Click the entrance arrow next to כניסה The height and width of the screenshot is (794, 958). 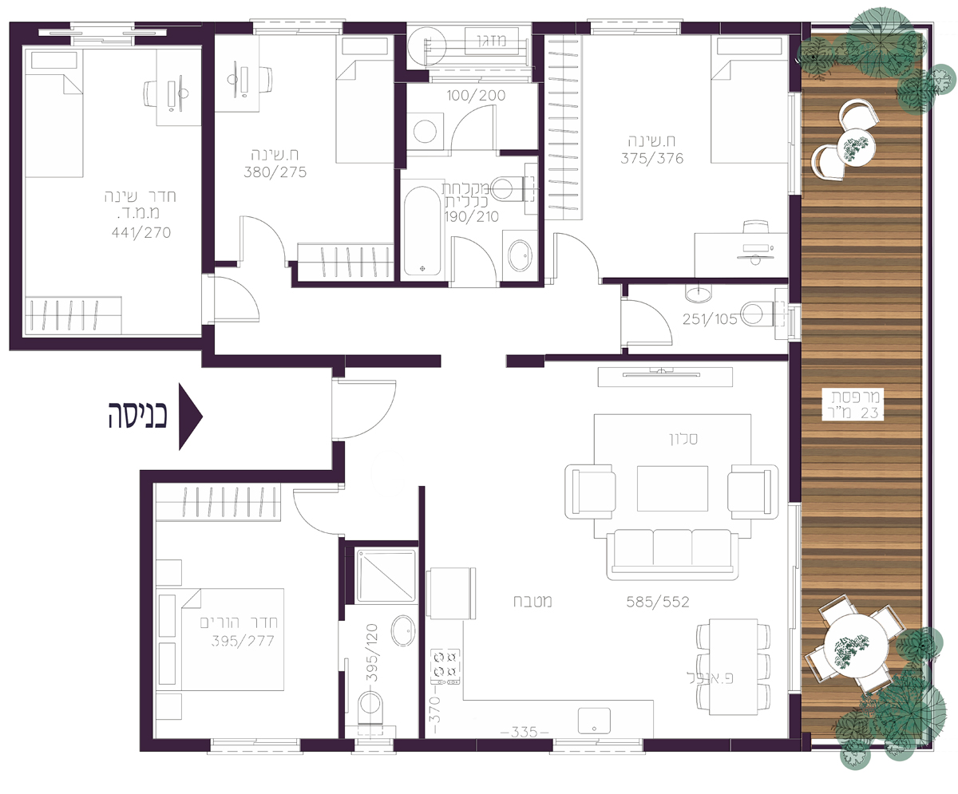pyautogui.click(x=189, y=417)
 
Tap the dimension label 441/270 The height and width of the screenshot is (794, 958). pyautogui.click(x=141, y=232)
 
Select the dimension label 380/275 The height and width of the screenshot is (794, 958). pyautogui.click(x=275, y=172)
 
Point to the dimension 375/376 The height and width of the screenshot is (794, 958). pyautogui.click(x=652, y=158)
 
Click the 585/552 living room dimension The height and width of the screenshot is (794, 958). pyautogui.click(x=658, y=602)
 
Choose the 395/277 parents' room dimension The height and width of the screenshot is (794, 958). pyautogui.click(x=243, y=641)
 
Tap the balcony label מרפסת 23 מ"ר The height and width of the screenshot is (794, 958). pyautogui.click(x=855, y=405)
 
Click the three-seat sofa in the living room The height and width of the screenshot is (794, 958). pyautogui.click(x=673, y=555)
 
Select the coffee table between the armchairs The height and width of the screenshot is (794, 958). pyautogui.click(x=672, y=488)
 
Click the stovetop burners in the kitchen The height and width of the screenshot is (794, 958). pyautogui.click(x=445, y=666)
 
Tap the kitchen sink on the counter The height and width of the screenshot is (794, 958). pyautogui.click(x=594, y=720)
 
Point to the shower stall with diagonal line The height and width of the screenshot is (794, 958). pyautogui.click(x=386, y=576)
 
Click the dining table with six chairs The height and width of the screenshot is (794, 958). pyautogui.click(x=733, y=666)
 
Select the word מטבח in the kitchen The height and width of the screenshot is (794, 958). pyautogui.click(x=532, y=602)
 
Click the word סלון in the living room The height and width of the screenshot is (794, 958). pyautogui.click(x=683, y=439)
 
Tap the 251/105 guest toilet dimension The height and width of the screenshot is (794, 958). pyautogui.click(x=710, y=318)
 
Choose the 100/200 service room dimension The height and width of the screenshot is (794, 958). pyautogui.click(x=477, y=96)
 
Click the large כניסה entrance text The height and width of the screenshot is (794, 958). pyautogui.click(x=137, y=416)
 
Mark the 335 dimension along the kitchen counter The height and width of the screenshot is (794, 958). pyautogui.click(x=525, y=731)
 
